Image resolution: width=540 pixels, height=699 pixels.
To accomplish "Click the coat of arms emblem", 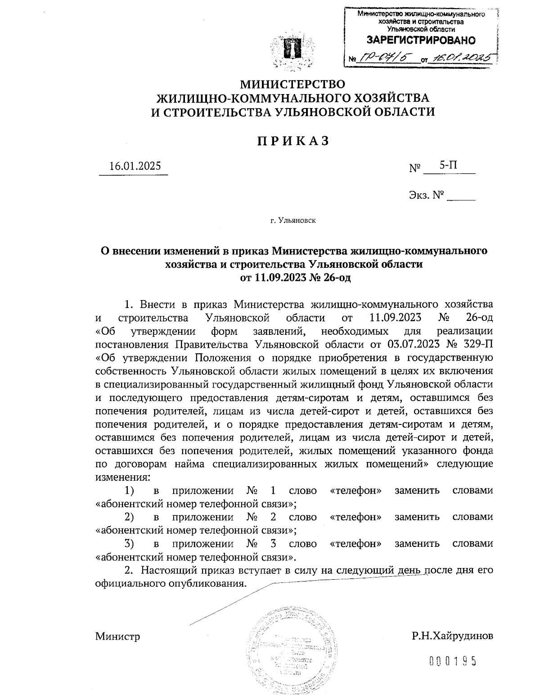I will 292,50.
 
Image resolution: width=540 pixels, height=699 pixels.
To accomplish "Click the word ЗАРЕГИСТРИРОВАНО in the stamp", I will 421,41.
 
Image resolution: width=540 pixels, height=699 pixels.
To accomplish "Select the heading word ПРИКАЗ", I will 293,141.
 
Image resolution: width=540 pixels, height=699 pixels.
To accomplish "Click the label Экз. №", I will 426,195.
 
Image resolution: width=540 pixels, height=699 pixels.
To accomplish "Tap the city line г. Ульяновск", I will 293,221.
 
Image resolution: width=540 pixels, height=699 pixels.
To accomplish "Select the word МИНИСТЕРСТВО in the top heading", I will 293,84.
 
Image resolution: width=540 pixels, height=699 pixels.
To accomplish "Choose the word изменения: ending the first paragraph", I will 122,477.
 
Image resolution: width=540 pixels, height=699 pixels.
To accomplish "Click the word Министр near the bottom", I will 117,636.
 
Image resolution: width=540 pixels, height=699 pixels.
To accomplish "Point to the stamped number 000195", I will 452,661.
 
